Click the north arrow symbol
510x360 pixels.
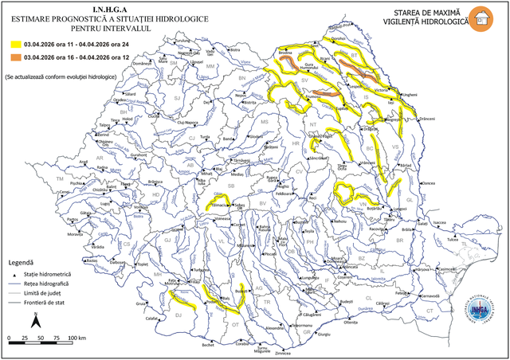point(36,321)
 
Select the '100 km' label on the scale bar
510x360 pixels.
point(77,338)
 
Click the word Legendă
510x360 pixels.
point(21,262)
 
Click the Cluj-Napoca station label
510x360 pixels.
point(186,123)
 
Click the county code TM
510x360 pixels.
point(59,179)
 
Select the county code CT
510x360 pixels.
point(430,311)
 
